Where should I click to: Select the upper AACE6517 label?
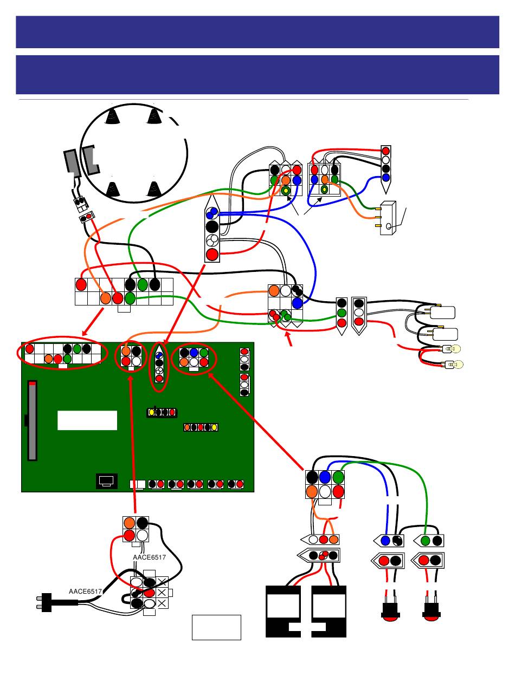click(x=149, y=557)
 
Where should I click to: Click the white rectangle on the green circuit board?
click(x=87, y=420)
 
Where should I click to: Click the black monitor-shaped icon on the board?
click(x=106, y=480)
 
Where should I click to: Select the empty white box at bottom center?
click(x=216, y=627)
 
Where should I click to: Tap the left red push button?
click(x=390, y=610)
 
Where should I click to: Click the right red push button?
click(x=432, y=610)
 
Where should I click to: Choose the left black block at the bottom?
click(x=284, y=612)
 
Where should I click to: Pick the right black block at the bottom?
click(x=330, y=612)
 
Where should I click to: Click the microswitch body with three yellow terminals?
click(x=388, y=218)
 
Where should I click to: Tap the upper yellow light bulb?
click(x=454, y=349)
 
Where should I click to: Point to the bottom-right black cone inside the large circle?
click(x=154, y=188)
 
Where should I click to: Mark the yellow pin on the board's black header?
click(x=152, y=413)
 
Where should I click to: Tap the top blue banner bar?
click(x=257, y=32)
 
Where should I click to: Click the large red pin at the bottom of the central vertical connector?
click(x=213, y=253)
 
